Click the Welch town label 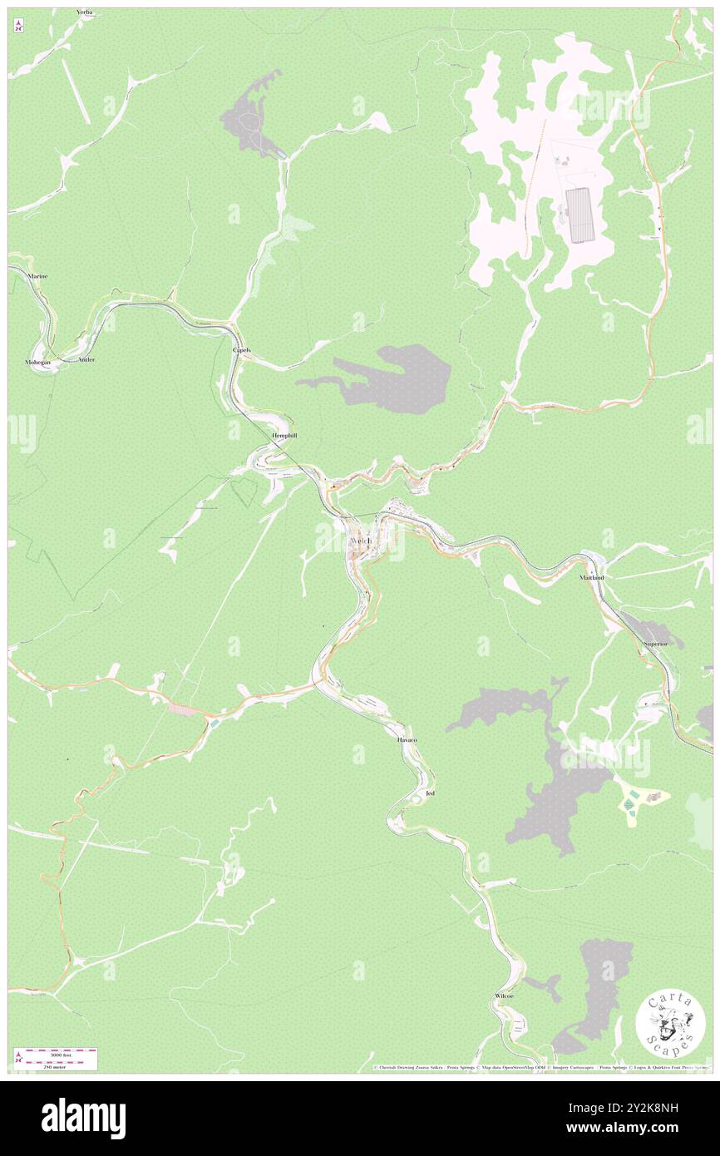360,541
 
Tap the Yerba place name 84,12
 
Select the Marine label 37,275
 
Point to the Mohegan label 37,363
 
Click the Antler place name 86,359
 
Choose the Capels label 241,350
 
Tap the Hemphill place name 284,435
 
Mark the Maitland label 591,576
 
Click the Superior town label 657,645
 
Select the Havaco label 407,739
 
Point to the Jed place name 430,793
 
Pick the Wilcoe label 504,995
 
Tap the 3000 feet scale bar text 57,1055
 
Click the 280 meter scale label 57,1066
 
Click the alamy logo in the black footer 83,1118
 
